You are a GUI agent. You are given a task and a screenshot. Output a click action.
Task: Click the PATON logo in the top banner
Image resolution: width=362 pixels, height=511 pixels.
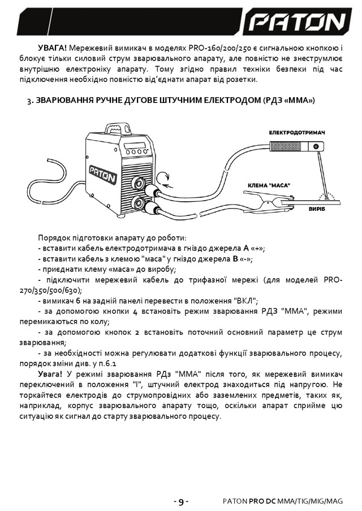[297, 22]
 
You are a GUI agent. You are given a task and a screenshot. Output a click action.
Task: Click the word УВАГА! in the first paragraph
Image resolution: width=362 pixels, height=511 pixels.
[52, 48]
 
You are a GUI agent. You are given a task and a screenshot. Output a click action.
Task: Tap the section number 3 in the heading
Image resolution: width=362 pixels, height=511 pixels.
[29, 101]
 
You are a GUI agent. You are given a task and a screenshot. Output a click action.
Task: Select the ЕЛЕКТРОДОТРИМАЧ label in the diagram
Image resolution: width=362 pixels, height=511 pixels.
[297, 133]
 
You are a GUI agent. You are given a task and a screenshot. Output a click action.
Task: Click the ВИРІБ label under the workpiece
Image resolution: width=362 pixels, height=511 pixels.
[317, 209]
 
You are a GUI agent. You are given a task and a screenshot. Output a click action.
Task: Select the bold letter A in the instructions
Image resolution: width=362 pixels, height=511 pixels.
[246, 248]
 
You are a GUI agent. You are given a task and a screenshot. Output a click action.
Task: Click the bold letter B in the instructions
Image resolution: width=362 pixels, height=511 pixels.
[235, 259]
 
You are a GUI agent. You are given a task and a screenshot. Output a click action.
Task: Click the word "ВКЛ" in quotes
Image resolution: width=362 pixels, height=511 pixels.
[246, 301]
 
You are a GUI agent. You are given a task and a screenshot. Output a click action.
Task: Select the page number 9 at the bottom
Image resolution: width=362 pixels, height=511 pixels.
[181, 501]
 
